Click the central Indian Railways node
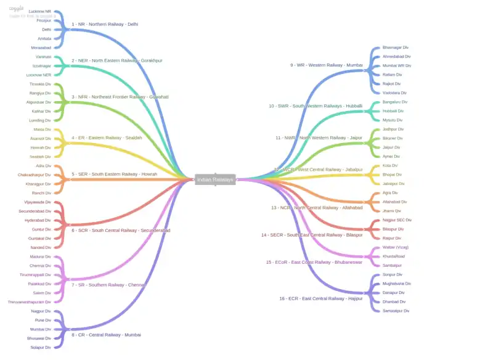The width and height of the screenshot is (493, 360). (215, 179)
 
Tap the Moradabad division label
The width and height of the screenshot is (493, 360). (41, 47)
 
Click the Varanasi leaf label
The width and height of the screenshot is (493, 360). (43, 56)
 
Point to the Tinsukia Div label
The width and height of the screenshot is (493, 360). (41, 84)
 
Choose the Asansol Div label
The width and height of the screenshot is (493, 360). (41, 139)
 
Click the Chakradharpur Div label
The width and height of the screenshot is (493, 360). (35, 175)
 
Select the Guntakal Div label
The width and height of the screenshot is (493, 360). (41, 239)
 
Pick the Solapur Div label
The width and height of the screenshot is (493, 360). (41, 347)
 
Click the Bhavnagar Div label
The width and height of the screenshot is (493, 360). (396, 47)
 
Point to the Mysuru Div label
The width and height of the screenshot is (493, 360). (393, 120)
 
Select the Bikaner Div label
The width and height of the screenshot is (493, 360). (393, 139)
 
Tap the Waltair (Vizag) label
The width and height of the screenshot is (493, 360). (396, 247)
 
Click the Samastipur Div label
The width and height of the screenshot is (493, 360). (396, 311)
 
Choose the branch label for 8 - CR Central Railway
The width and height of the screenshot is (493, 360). (106, 335)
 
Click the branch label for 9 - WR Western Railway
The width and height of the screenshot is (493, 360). (327, 65)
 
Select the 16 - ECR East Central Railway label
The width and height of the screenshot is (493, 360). (320, 298)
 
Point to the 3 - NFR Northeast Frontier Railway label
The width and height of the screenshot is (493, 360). (120, 97)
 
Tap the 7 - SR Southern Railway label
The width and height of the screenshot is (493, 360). (107, 285)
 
